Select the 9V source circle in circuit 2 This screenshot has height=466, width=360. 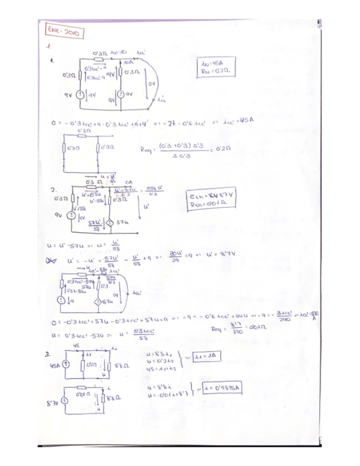pos(70,215)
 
